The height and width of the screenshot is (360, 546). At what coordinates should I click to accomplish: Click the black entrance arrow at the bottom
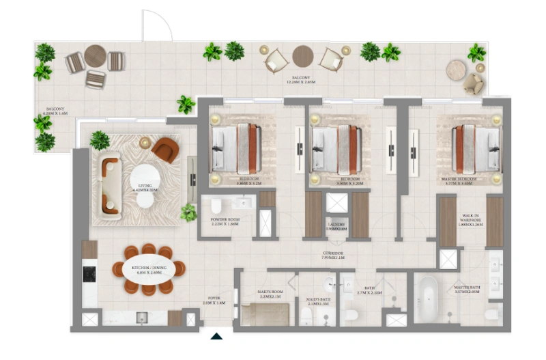click(217, 336)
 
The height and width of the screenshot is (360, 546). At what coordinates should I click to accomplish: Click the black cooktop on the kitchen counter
click(89, 274)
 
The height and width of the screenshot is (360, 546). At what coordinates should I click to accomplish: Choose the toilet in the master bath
click(490, 314)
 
